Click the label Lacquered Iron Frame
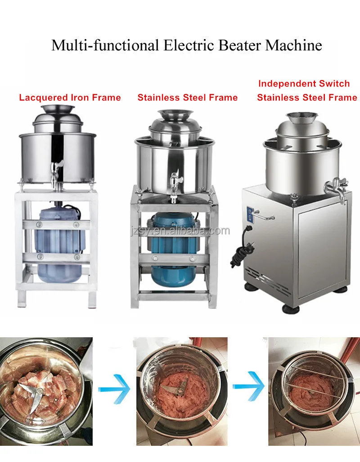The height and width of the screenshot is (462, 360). (70, 98)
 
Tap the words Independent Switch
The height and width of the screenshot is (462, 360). (304, 84)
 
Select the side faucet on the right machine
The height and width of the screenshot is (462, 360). (336, 189)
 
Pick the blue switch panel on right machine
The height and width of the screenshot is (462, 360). (250, 214)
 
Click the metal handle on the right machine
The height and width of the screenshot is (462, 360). (264, 216)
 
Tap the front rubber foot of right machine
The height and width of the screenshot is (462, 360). (291, 309)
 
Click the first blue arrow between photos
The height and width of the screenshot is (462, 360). (114, 389)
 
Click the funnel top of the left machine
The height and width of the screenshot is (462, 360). (58, 109)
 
